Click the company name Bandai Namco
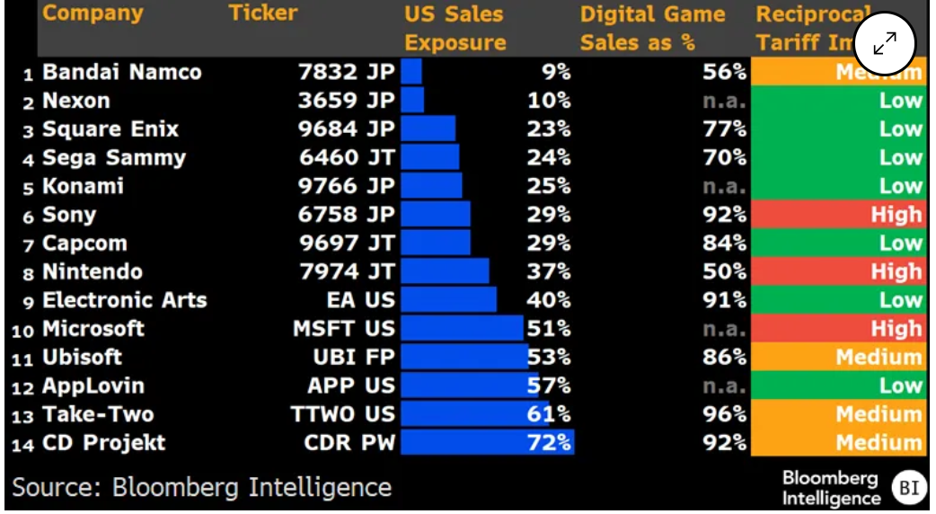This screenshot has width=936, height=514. pos(121,72)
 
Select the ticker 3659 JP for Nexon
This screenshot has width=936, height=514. pos(346,101)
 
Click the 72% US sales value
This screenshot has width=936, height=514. pos(549,442)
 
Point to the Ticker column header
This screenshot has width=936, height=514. pos(262,13)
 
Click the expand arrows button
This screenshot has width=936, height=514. pos(884,43)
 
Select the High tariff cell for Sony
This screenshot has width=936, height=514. pos(837,215)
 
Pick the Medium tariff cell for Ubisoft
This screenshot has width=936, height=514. pos(837,357)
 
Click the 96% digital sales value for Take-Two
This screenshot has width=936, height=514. pos(725,414)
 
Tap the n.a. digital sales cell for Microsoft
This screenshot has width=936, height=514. pos(724,329)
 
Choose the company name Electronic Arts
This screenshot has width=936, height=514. pos(124,300)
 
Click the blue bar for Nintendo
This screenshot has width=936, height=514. pos(445,271)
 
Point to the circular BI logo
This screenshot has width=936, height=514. pos(907,488)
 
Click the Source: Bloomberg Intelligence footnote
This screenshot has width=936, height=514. pos(202,487)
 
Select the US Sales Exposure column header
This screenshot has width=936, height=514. pos(455,28)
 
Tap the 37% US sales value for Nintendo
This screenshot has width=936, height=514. pos(549,271)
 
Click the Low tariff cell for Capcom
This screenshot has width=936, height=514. pos(837,244)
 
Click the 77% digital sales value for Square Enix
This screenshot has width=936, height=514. pos(725,129)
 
